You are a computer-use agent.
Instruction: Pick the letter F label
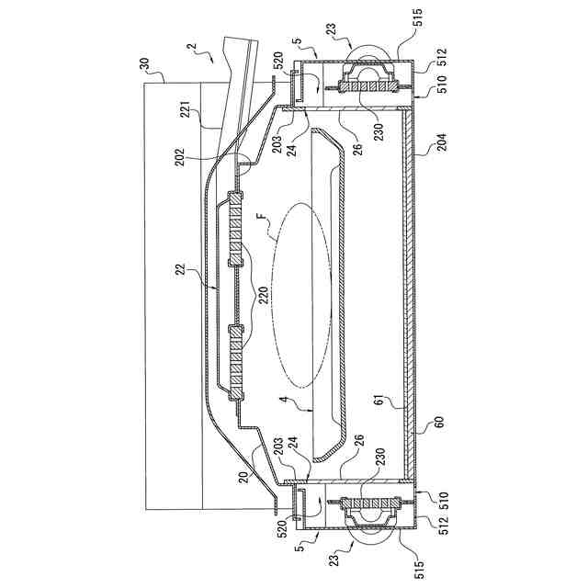coord(260,219)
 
